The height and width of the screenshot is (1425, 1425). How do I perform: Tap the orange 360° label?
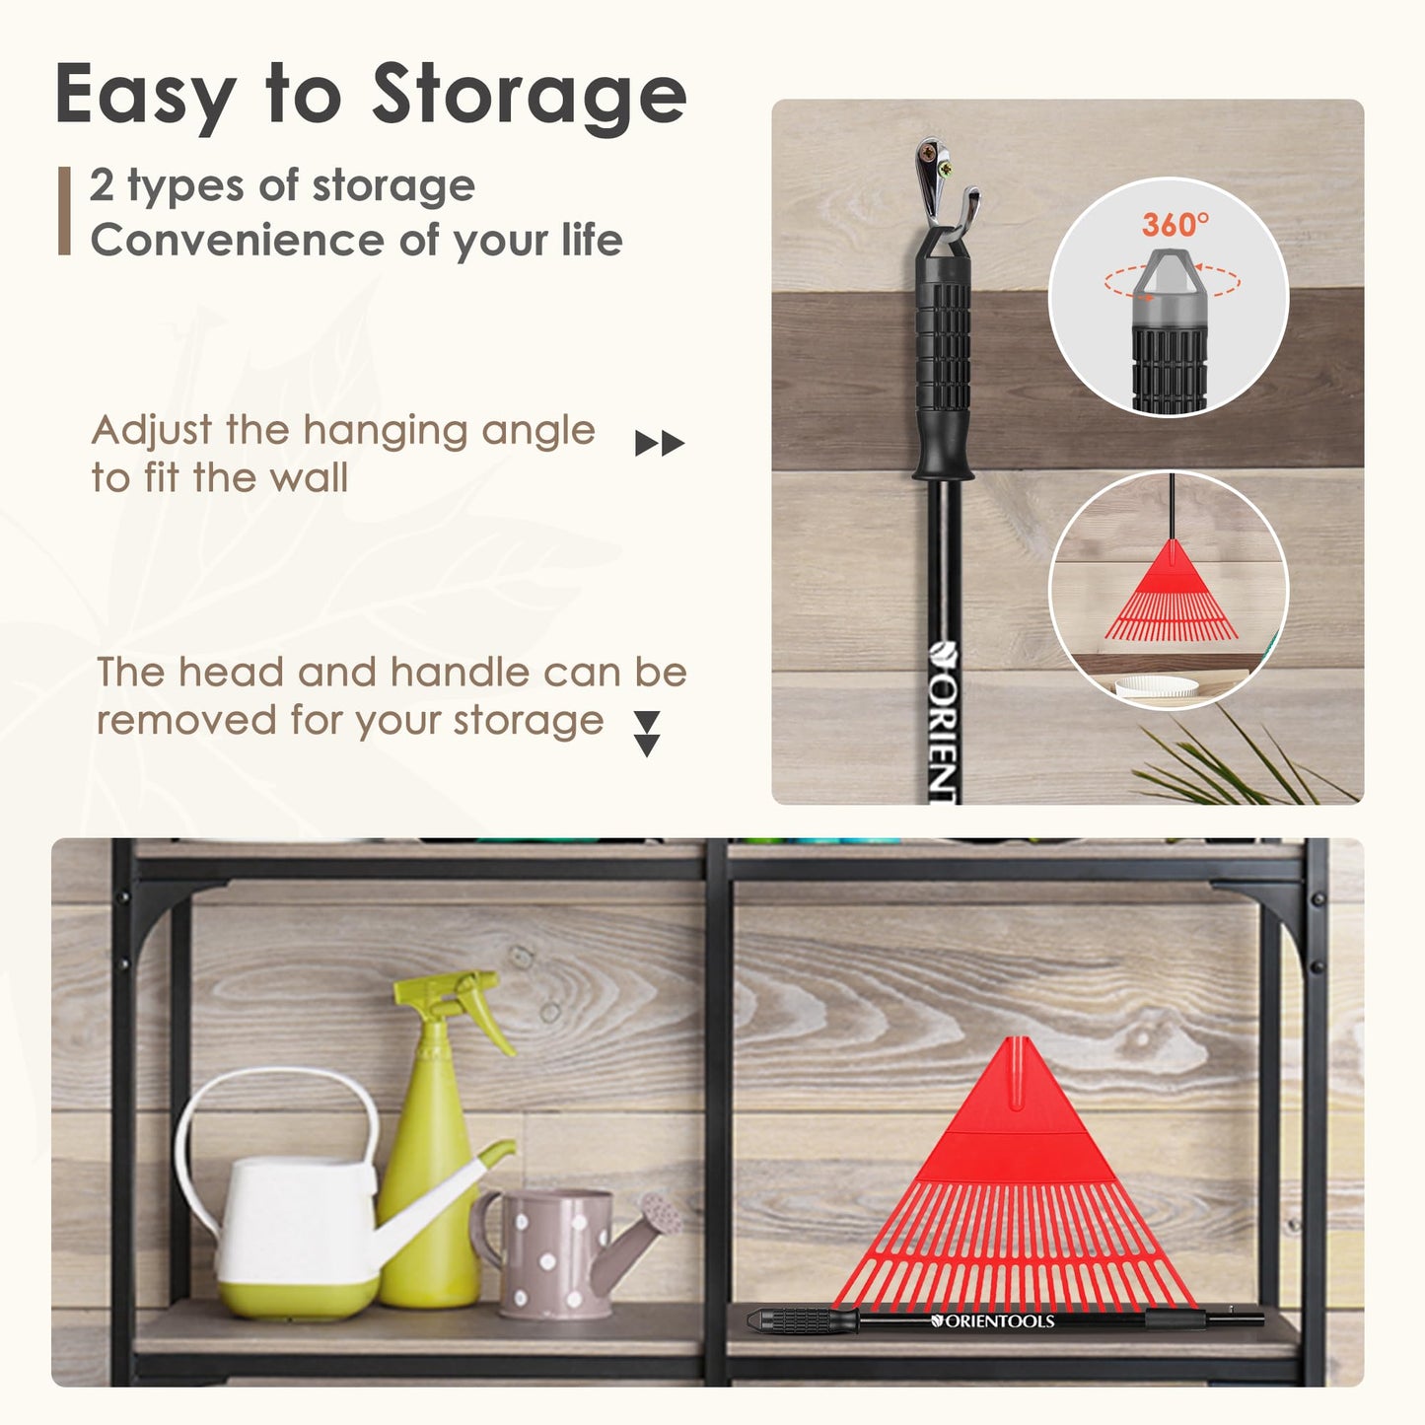click(1176, 224)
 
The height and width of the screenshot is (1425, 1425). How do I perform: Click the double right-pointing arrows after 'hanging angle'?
click(660, 444)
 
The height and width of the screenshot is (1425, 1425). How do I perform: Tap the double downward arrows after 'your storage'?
click(647, 734)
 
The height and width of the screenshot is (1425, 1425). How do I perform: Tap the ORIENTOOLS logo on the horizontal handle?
click(992, 1320)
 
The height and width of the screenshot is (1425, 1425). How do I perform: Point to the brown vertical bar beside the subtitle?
click(65, 211)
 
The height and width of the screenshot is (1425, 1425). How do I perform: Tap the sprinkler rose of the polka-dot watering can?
click(662, 1214)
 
